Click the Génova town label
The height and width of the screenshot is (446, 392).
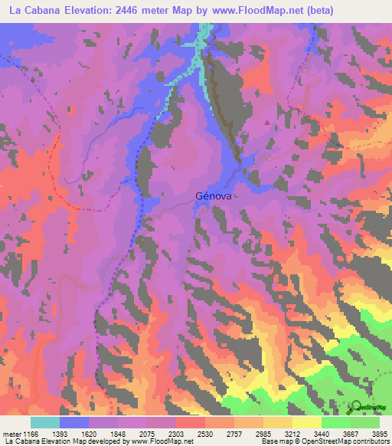pos(213,195)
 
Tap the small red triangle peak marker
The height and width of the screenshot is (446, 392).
pos(266,121)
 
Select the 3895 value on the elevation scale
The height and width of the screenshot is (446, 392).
pos(380,434)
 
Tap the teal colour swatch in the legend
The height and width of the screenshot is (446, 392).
pos(44,422)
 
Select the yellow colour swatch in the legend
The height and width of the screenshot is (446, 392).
pos(306,422)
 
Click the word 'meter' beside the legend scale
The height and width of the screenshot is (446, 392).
pos(11,434)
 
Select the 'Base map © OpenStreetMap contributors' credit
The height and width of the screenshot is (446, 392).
pos(325,441)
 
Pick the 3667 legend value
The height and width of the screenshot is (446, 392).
pos(351,434)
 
